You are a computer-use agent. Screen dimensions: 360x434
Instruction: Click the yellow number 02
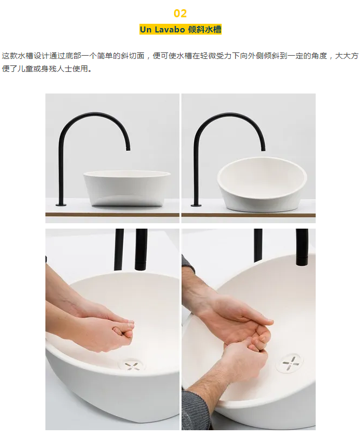coord(181,14)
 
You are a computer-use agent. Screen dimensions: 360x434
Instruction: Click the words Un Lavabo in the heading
coord(162,29)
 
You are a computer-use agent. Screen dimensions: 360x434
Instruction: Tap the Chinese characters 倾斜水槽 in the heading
coord(204,29)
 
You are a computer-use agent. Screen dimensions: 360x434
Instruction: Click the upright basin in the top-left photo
coord(127,188)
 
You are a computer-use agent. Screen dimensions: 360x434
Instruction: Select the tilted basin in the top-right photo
coord(262,184)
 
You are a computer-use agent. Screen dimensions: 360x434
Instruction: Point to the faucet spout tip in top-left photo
coord(128,149)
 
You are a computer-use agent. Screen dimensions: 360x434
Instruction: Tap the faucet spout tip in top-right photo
coord(263,149)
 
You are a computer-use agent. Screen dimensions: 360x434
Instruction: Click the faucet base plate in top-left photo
coord(61,205)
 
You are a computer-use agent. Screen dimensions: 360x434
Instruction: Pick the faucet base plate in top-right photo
coord(196,205)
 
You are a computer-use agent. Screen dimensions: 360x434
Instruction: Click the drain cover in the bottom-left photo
coord(132,365)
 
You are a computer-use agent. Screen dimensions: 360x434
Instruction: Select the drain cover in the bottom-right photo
coord(290,363)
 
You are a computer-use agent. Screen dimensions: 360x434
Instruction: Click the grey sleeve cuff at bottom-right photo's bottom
coord(195,410)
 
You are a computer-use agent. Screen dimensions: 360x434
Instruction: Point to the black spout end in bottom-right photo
coord(302,259)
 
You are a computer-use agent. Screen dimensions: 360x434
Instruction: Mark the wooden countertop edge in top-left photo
coord(112,215)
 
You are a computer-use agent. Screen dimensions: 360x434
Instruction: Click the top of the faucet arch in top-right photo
coord(229,113)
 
